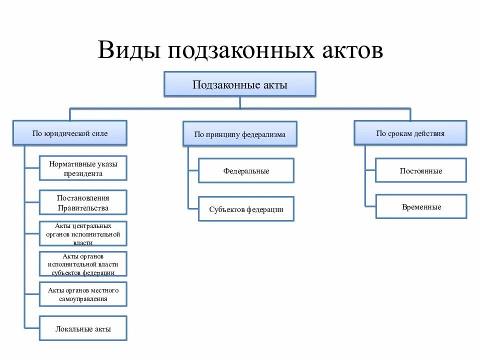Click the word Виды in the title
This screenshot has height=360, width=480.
point(129,50)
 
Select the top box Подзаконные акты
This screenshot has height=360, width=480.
point(240,84)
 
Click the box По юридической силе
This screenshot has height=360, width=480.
point(70,133)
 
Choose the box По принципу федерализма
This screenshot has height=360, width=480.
point(240,134)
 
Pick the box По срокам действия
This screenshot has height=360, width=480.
point(410,133)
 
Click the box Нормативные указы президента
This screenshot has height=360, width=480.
point(83,168)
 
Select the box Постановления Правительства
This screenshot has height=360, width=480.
point(83,202)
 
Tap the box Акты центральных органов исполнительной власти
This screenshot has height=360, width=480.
point(83,234)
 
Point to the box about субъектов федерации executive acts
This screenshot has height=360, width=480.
point(83,264)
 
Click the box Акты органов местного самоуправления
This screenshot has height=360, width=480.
point(83,294)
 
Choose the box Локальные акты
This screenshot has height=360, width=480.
point(83,328)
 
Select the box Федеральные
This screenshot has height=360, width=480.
point(246,170)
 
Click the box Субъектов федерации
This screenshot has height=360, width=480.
point(246,209)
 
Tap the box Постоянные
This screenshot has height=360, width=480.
point(421,170)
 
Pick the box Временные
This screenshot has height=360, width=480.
point(421,206)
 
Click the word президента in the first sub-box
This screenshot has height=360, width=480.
point(83,174)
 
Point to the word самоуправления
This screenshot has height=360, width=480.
point(83,299)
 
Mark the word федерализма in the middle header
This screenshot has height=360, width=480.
point(264,134)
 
